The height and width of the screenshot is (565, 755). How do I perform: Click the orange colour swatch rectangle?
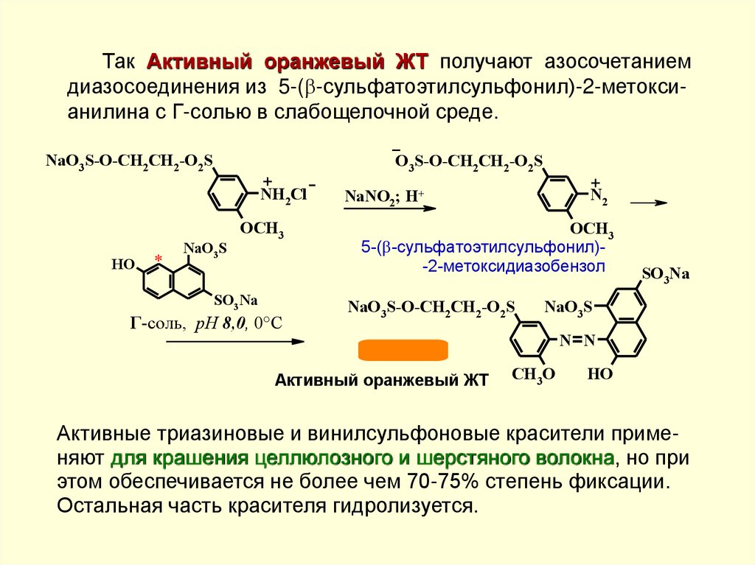tap(403, 351)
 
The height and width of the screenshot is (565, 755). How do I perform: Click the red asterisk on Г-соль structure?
tap(158, 257)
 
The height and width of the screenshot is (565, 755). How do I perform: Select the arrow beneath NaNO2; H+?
tap(389, 209)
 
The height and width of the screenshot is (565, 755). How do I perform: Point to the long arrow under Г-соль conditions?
tap(234, 341)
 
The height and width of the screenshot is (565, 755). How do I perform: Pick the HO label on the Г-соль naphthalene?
tap(122, 263)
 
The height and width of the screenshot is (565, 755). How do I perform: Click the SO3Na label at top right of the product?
tap(665, 275)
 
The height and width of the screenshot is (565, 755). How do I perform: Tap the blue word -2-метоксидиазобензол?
tap(514, 267)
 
